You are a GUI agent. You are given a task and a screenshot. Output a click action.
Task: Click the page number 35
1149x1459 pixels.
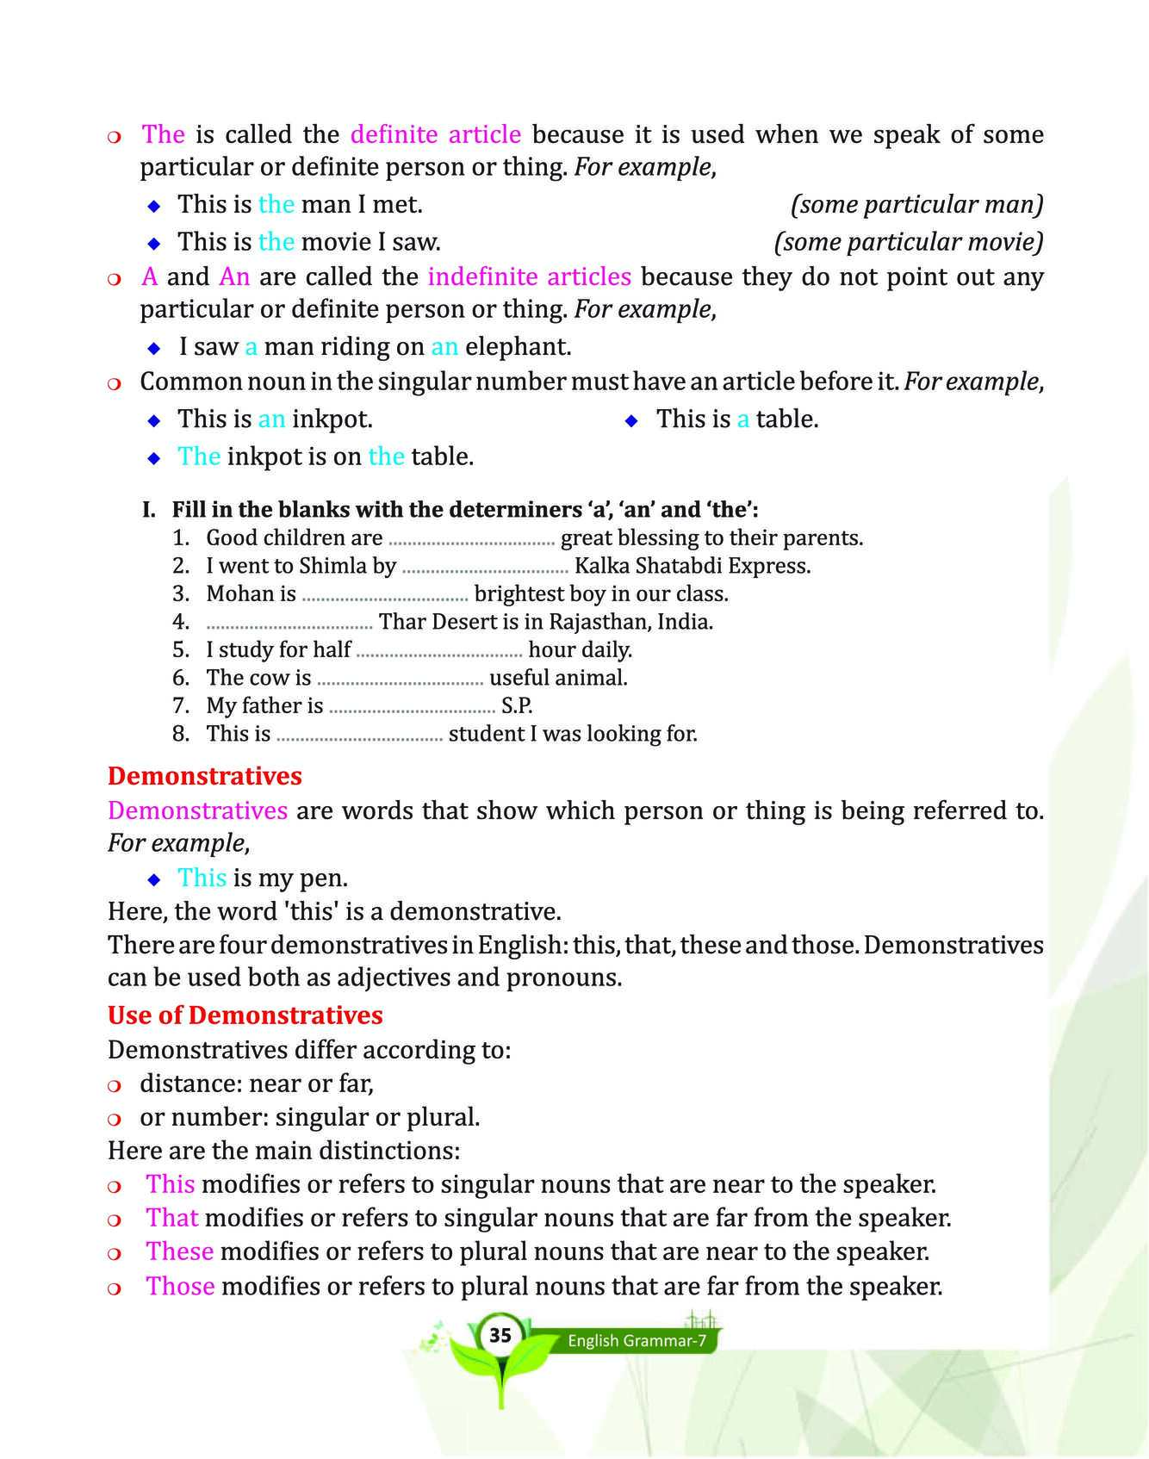[x=500, y=1336]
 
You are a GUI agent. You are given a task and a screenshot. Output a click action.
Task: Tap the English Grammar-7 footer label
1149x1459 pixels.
[x=637, y=1341]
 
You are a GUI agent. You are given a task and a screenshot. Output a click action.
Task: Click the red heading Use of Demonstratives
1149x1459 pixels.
[x=245, y=1015]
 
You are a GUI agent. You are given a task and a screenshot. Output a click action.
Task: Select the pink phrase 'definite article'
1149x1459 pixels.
[x=435, y=134]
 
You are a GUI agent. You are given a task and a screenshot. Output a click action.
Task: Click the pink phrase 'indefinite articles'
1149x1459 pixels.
[x=529, y=276]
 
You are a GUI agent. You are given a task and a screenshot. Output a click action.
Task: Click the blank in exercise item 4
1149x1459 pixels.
[x=289, y=623]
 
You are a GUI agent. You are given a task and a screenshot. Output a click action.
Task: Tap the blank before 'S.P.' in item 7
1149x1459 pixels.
[x=412, y=707]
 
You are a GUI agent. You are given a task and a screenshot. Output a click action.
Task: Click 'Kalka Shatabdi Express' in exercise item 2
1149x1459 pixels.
[x=692, y=566]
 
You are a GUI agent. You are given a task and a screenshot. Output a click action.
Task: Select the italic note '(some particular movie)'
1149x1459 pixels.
[x=908, y=242]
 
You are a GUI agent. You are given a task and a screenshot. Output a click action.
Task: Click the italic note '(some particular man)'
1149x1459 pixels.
[x=916, y=204]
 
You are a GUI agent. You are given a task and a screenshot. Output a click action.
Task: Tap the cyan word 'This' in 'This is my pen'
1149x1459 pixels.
[x=202, y=878]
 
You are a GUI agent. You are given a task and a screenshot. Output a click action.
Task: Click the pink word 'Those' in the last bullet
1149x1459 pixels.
[x=180, y=1286]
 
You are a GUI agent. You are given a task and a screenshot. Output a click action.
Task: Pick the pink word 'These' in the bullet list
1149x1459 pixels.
[x=179, y=1251]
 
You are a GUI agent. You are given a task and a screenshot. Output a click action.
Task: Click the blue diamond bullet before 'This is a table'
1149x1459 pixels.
[x=631, y=420]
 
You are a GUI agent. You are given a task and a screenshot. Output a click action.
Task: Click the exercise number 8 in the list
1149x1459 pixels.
[x=180, y=734]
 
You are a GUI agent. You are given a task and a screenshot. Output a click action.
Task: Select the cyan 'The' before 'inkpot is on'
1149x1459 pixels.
[x=199, y=456]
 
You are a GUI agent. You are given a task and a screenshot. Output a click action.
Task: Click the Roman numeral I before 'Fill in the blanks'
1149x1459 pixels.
[x=147, y=510]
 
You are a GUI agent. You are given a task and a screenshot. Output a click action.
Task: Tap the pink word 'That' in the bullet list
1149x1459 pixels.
[x=171, y=1218]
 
